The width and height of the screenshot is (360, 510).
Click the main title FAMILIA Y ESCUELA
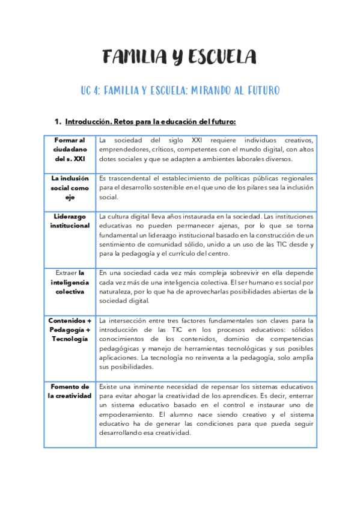[180, 58]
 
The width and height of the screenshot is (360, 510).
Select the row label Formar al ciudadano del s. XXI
[70, 149]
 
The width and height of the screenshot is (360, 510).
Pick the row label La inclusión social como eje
[70, 188]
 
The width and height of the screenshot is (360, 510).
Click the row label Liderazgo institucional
[70, 221]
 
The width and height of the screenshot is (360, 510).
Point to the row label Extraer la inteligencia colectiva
[70, 281]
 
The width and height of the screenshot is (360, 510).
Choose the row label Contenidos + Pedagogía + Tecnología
[70, 330]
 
